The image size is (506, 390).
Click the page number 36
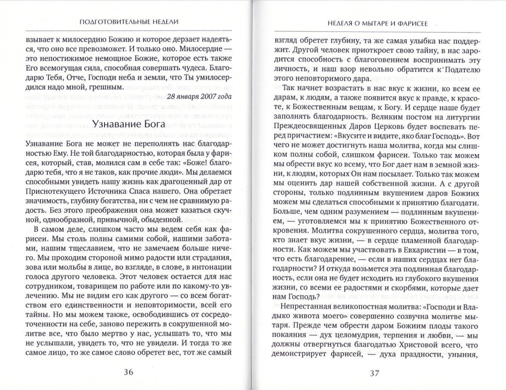[x=129, y=372]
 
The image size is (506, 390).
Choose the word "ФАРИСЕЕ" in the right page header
[x=413, y=24]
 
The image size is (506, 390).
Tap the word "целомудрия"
[x=373, y=335]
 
